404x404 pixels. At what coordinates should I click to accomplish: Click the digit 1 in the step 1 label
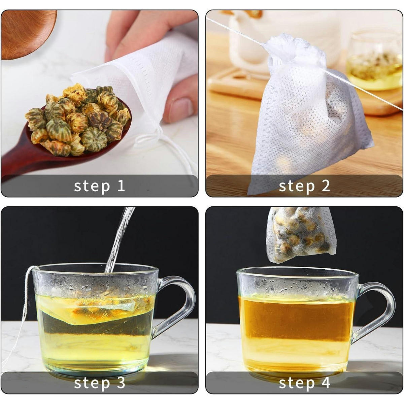pos(121,186)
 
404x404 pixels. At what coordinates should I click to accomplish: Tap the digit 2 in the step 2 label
pos(326,186)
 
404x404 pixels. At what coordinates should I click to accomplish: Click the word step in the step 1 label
pos(92,187)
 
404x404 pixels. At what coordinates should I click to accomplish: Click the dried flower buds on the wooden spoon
pos(78,120)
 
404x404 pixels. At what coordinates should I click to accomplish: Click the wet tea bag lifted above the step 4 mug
pos(301,234)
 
